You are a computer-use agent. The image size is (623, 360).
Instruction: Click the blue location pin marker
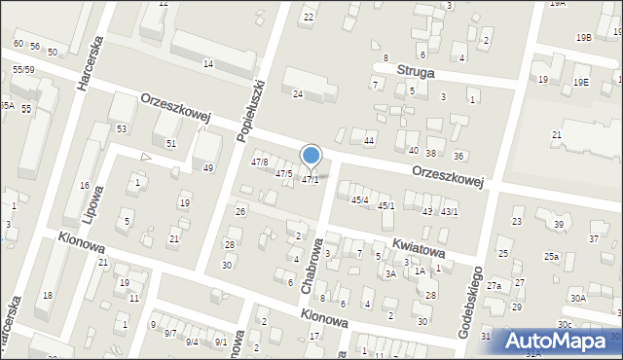[311, 156]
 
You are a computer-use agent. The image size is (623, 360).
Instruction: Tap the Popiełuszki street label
[251, 111]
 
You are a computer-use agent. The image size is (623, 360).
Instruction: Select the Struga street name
[416, 71]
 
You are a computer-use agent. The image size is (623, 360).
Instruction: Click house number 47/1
[310, 180]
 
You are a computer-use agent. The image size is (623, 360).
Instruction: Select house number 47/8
[260, 162]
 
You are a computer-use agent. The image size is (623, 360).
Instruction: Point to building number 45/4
[360, 199]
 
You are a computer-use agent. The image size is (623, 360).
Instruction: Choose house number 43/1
[450, 212]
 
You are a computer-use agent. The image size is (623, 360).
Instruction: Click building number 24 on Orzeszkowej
[298, 94]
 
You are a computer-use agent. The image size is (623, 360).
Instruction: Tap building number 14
[207, 63]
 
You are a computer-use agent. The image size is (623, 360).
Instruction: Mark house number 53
[122, 128]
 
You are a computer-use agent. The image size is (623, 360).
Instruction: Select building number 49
[207, 168]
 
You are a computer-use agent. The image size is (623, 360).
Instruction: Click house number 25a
[551, 256]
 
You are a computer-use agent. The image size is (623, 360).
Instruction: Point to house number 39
[559, 225]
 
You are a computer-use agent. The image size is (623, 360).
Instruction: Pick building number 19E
[581, 83]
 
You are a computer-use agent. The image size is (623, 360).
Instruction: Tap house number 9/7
[169, 334]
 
